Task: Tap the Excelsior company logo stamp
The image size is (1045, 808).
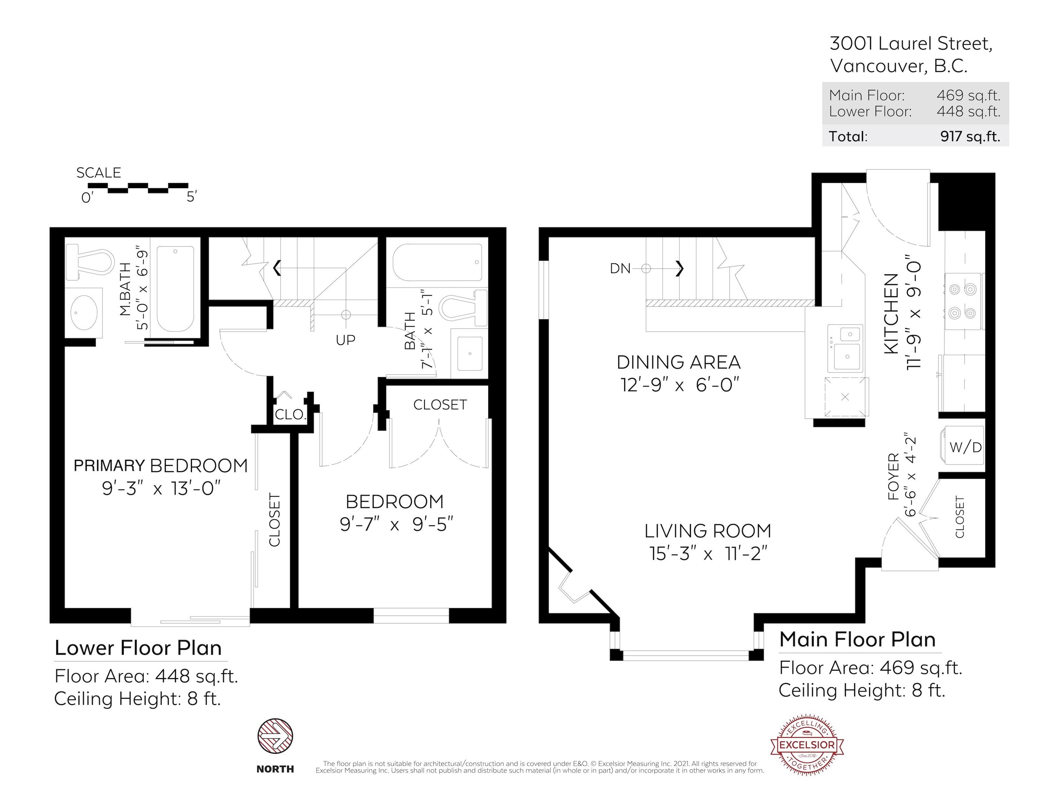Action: click(807, 745)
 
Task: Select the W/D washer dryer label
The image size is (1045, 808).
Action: click(965, 447)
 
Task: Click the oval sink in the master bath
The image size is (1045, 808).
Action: click(84, 312)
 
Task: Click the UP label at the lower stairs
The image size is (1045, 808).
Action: click(345, 340)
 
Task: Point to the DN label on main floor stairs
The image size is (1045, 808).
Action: click(620, 269)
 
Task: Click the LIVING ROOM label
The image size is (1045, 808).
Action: click(708, 531)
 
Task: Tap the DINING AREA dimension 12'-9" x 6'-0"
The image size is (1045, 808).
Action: click(681, 385)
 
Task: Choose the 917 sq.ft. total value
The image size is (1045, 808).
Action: click(970, 136)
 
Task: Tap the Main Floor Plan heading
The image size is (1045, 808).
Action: click(857, 640)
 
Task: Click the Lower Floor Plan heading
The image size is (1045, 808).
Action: click(138, 648)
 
